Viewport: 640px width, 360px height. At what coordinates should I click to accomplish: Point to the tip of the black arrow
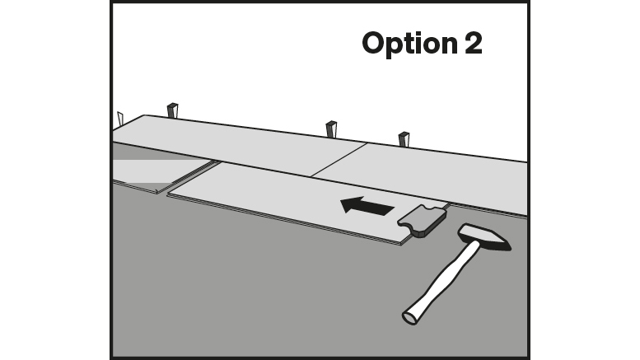[x=344, y=206]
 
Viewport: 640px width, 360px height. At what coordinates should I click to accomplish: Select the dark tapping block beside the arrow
[x=421, y=220]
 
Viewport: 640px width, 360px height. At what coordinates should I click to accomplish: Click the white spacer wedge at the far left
[x=120, y=119]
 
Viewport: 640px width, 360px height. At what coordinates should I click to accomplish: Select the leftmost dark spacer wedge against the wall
[x=172, y=110]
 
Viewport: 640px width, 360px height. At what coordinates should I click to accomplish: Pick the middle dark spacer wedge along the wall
[x=331, y=129]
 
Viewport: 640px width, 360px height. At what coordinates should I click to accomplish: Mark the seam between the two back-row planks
[x=339, y=159]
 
